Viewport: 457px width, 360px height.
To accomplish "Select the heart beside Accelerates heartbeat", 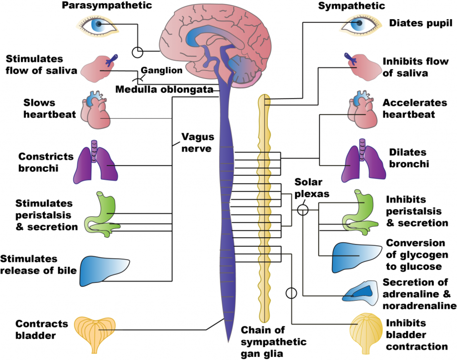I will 362,111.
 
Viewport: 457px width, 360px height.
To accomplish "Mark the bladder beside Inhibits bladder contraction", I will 367,332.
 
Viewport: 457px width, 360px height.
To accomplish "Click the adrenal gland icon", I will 360,293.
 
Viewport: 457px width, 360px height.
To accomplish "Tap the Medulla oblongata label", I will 164,89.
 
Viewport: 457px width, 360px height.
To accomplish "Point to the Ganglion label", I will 161,70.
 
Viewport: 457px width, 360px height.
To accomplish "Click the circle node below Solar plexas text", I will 302,210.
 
